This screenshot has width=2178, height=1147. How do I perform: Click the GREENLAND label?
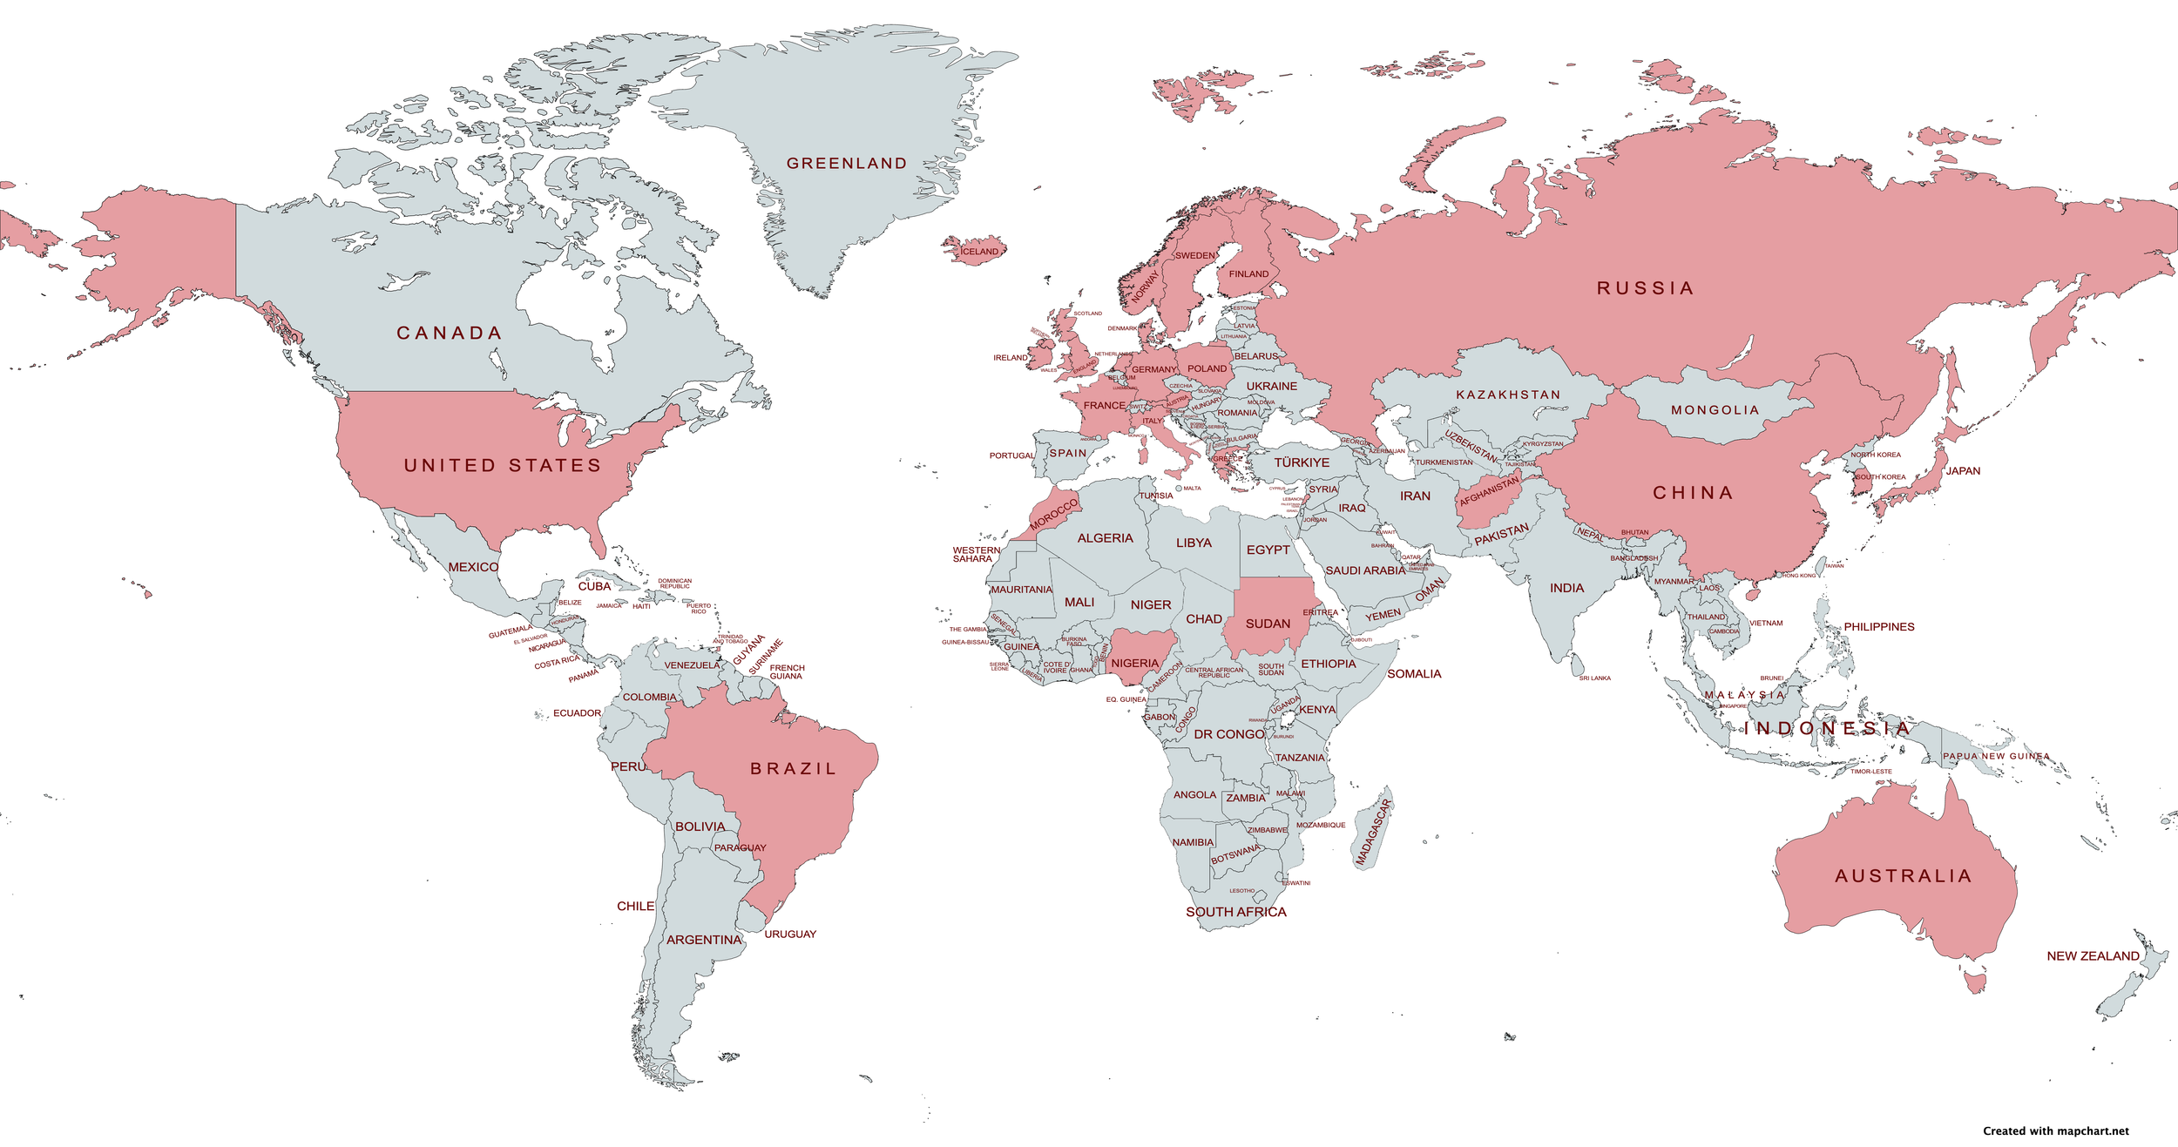point(847,164)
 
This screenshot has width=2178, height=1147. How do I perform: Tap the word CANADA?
point(450,334)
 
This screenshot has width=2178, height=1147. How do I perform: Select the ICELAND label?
point(979,252)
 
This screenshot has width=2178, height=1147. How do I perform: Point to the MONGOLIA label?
point(1715,410)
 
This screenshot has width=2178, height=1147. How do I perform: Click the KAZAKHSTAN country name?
point(1508,395)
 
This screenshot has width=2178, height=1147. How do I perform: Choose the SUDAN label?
point(1268,624)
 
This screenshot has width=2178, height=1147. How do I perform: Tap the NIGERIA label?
point(1134,664)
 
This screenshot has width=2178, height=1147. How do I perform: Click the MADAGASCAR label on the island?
point(1374,833)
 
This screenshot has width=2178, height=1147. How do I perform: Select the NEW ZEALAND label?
point(2093,956)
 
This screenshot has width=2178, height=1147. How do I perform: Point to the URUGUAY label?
point(790,934)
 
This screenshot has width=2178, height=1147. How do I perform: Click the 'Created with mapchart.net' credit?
point(2055,1131)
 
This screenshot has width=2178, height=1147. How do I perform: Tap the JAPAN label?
point(1963,471)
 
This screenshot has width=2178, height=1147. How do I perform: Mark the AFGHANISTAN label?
point(1489,491)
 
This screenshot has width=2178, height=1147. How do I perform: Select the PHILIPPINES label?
point(1878,627)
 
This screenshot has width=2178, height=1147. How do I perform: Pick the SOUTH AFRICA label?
point(1235,912)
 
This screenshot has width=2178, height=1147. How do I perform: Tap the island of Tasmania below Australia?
point(1976,983)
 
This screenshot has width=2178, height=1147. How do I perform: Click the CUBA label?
point(594,587)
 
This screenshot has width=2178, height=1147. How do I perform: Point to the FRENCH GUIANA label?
point(787,672)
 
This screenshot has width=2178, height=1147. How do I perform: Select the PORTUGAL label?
point(1011,455)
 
